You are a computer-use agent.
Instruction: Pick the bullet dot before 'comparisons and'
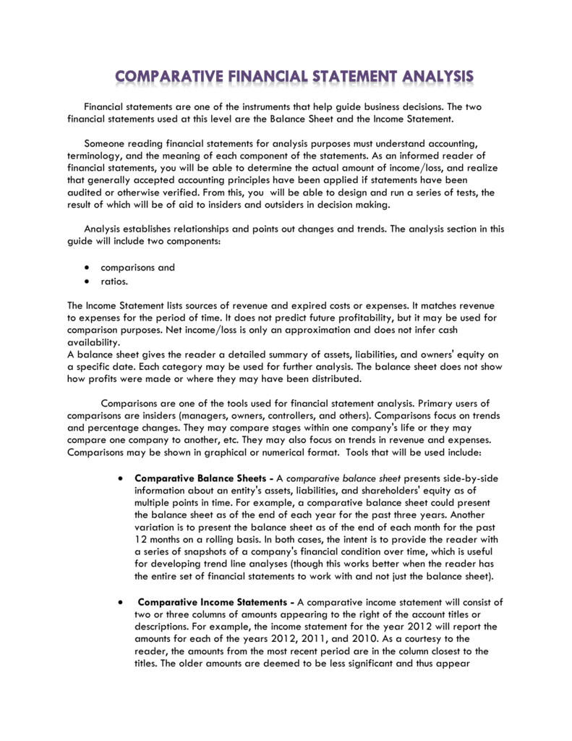tap(87, 267)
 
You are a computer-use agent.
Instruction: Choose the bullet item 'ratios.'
tap(114, 281)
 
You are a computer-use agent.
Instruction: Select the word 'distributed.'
tap(340, 379)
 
